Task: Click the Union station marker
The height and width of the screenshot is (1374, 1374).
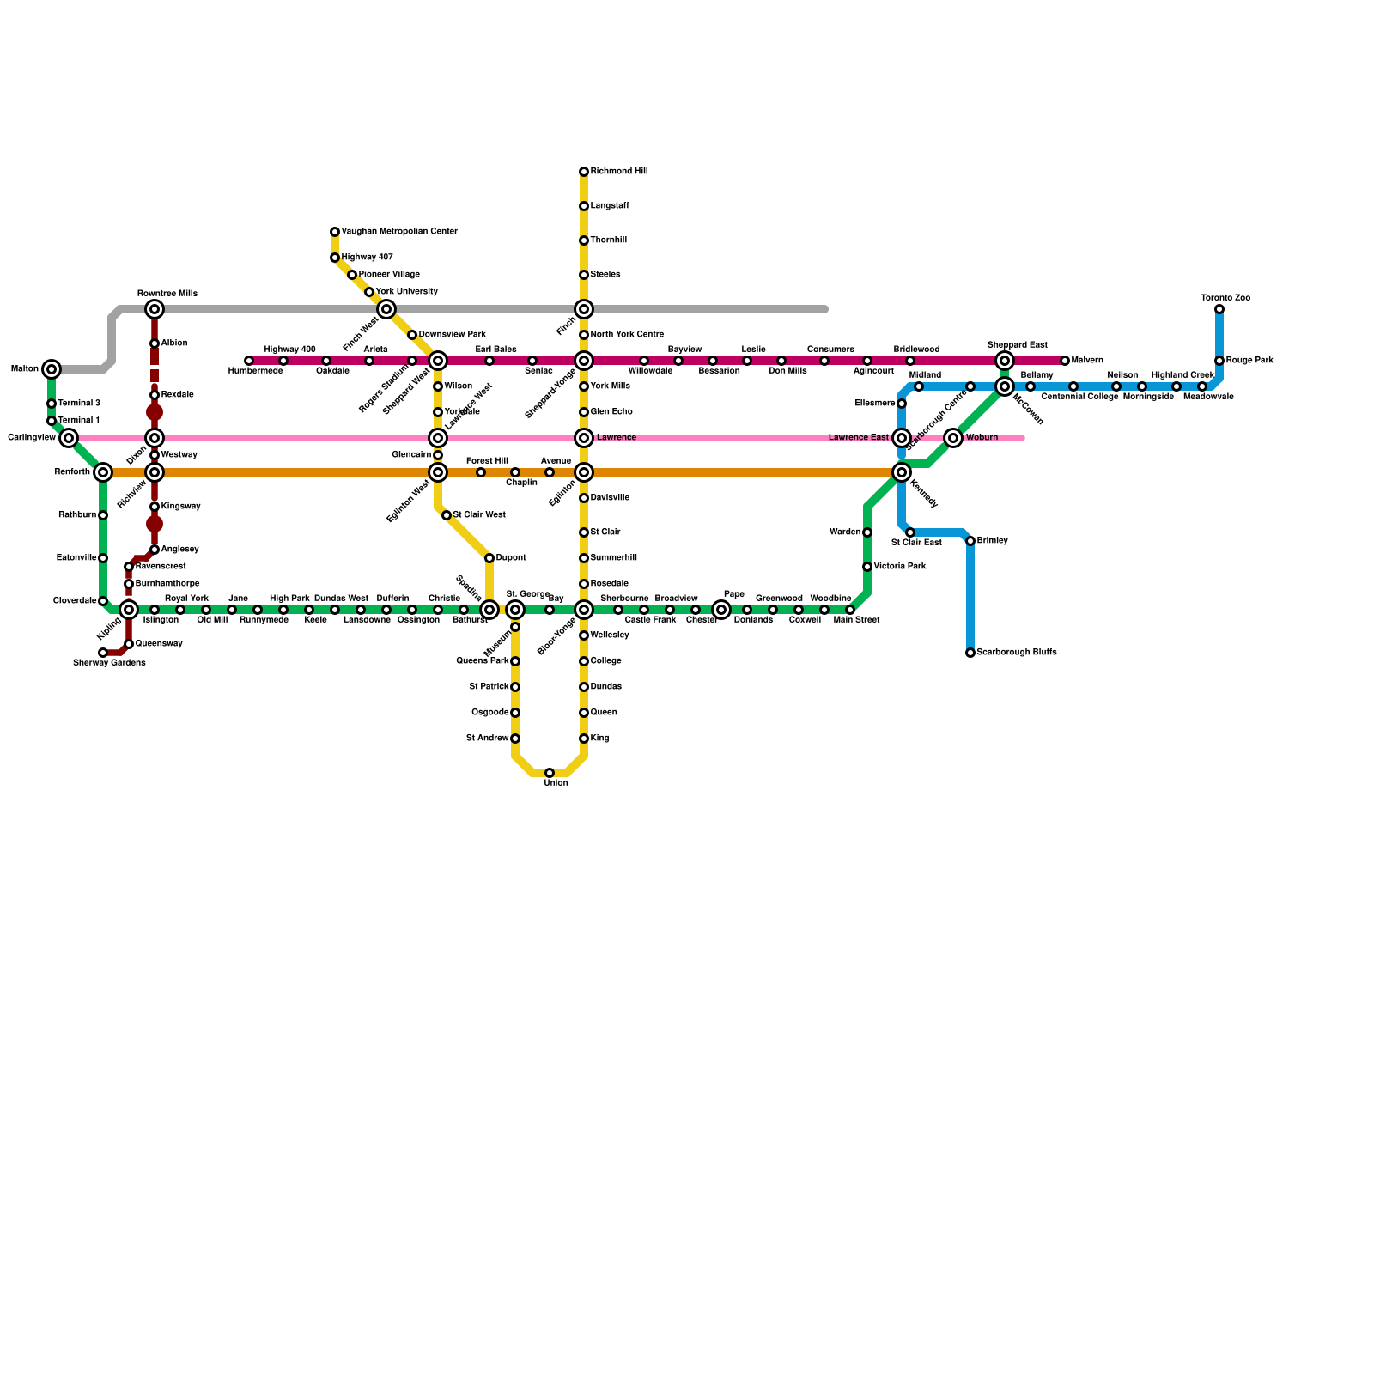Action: pyautogui.click(x=550, y=773)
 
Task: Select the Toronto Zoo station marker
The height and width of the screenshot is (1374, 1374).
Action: pyautogui.click(x=1219, y=309)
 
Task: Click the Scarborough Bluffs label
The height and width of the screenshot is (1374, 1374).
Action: pyautogui.click(x=1017, y=653)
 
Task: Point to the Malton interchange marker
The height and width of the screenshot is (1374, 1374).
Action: pyautogui.click(x=52, y=369)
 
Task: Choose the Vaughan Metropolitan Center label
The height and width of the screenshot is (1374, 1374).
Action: pyautogui.click(x=399, y=232)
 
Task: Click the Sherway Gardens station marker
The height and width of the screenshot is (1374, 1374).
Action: pyautogui.click(x=103, y=653)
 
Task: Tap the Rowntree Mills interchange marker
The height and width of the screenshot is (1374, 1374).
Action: pyautogui.click(x=155, y=309)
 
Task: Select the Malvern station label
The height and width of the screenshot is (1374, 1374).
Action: pyautogui.click(x=1087, y=361)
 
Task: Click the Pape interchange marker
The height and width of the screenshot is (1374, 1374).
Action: pyautogui.click(x=721, y=610)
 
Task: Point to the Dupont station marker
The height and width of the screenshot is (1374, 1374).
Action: pyautogui.click(x=489, y=558)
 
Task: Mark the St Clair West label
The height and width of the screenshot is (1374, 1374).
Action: pyautogui.click(x=479, y=515)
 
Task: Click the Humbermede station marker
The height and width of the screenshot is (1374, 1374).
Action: pyautogui.click(x=249, y=361)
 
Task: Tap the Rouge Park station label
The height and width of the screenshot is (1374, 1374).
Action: pyautogui.click(x=1249, y=361)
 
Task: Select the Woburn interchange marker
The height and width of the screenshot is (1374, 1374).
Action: pyautogui.click(x=953, y=438)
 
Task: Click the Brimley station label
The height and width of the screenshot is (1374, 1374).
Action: pyautogui.click(x=993, y=541)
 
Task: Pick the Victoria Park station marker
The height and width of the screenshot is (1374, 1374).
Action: pyautogui.click(x=867, y=567)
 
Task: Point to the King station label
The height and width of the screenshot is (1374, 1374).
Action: pyautogui.click(x=599, y=739)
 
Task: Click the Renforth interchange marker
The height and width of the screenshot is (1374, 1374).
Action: pyautogui.click(x=103, y=472)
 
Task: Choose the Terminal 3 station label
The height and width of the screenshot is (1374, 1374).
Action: pyautogui.click(x=79, y=404)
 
